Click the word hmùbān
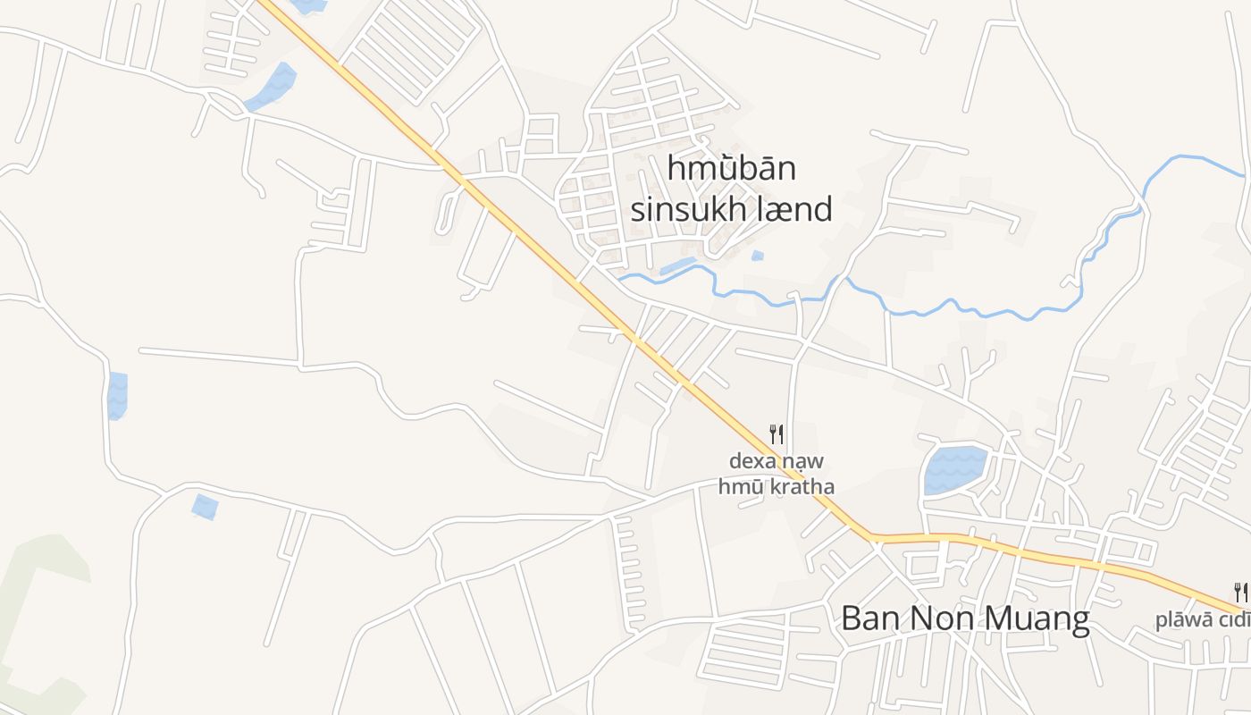click(x=731, y=169)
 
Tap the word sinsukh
click(x=684, y=209)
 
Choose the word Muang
click(x=1037, y=618)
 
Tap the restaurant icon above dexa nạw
click(x=777, y=434)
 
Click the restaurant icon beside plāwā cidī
click(x=1240, y=592)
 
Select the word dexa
click(x=754, y=462)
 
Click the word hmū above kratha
click(x=735, y=487)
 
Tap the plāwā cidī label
click(x=1202, y=620)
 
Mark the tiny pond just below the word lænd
click(x=758, y=256)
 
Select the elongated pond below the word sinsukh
click(x=677, y=265)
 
